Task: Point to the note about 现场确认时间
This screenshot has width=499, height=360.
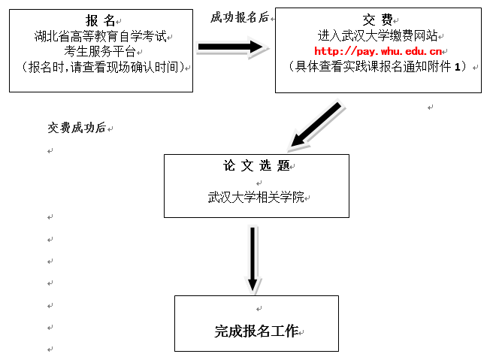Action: coord(101,67)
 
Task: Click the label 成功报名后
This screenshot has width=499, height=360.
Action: coord(239,17)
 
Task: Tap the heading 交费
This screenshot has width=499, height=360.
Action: coord(377,20)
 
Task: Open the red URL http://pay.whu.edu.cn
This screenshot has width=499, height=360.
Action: coord(377,51)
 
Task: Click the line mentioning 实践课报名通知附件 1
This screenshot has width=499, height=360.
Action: coord(377,67)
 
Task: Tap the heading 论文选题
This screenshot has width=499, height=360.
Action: coord(256,166)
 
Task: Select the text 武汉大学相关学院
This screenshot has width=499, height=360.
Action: coord(256,198)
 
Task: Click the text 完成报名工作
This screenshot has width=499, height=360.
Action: coord(256,331)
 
